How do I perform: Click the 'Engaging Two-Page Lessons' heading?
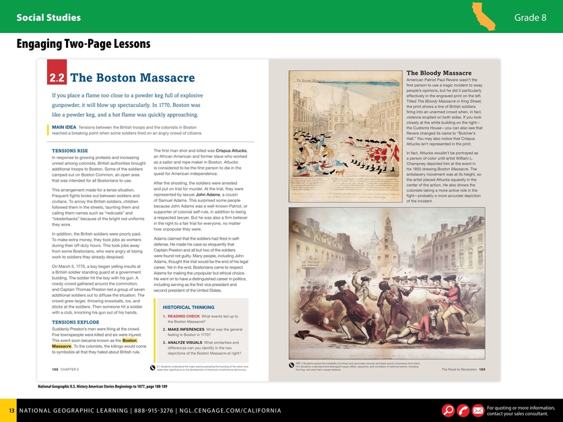[84, 44]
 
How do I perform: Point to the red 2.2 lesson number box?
[57, 78]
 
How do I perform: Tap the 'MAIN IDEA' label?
[64, 127]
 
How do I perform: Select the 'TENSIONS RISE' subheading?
[69, 150]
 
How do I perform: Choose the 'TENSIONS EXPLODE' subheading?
[75, 322]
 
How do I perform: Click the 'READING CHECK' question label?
[183, 316]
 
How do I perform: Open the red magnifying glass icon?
[448, 410]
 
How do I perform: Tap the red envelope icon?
[477, 410]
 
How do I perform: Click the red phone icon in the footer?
[463, 410]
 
